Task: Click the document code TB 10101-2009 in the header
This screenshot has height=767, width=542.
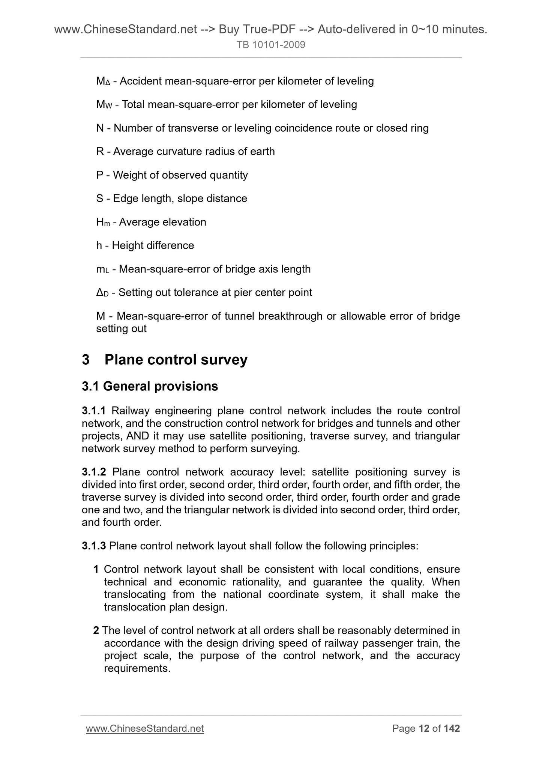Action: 271,45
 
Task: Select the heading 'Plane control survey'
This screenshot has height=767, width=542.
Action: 176,359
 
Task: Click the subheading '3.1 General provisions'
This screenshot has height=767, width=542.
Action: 150,386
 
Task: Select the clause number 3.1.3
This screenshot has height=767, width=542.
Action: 94,546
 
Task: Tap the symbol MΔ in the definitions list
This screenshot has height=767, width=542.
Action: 103,81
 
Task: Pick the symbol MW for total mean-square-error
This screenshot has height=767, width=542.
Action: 104,105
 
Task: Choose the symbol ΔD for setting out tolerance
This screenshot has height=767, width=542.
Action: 102,293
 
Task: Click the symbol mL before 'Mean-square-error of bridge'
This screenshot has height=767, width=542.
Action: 102,269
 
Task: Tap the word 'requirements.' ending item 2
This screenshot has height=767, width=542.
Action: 137,668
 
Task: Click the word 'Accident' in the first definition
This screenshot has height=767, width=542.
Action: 141,81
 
